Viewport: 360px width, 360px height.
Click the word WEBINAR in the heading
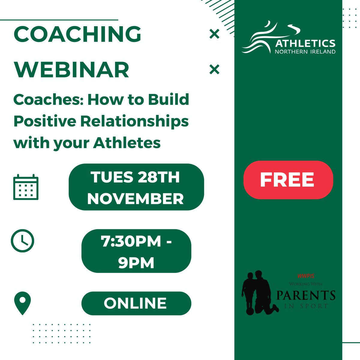point(71,70)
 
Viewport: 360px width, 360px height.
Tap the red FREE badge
point(288,180)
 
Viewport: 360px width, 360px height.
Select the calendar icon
point(26,187)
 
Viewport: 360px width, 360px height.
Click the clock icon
point(22,241)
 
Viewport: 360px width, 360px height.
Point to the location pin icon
point(22,303)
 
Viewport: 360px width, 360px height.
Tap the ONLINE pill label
point(136,303)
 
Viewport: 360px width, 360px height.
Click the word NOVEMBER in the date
point(136,199)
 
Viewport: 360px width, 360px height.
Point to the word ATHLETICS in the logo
point(305,43)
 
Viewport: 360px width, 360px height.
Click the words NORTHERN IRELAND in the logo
point(305,52)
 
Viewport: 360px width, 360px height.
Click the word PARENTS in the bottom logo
point(306,295)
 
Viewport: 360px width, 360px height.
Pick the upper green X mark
point(214,34)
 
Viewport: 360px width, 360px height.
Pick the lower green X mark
point(214,70)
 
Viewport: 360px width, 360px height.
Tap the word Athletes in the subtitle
point(127,143)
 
